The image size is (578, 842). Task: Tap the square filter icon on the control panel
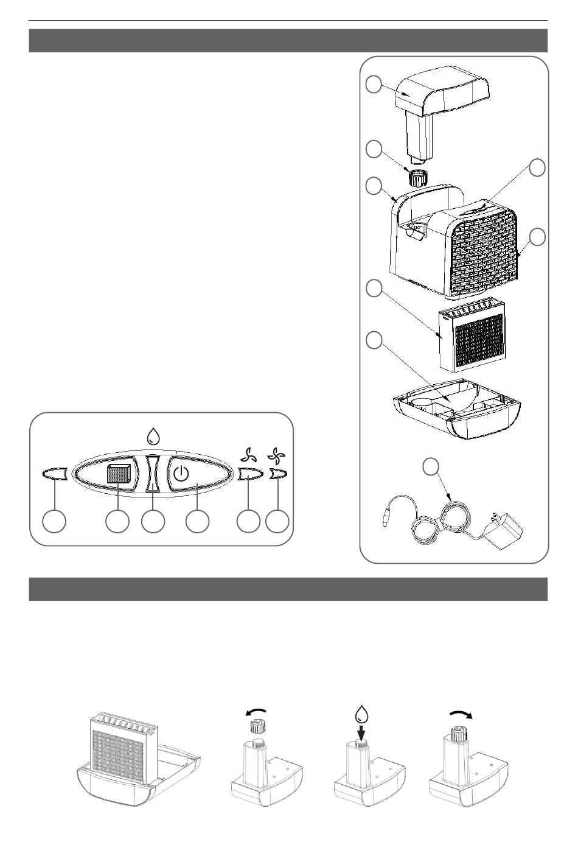tap(119, 474)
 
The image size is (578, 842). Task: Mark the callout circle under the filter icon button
tap(117, 522)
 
